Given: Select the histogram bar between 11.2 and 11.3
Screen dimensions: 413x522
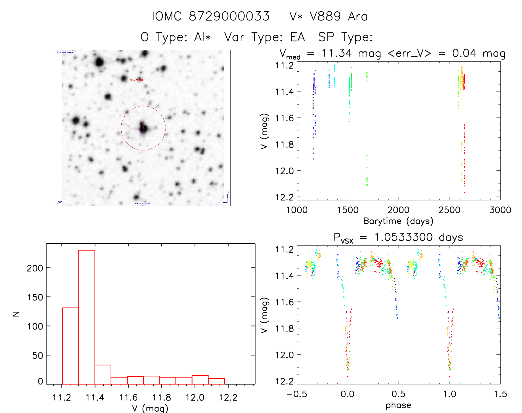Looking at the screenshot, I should (70, 346).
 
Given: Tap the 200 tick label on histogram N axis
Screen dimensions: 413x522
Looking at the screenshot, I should (35, 268).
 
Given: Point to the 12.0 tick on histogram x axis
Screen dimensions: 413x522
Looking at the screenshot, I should (195, 398).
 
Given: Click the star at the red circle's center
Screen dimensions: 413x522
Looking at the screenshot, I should (143, 128).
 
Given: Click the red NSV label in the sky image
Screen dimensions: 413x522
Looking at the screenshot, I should (137, 80).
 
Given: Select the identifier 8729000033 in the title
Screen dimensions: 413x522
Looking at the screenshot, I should (229, 16).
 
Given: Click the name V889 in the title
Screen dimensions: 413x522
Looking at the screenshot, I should (325, 16).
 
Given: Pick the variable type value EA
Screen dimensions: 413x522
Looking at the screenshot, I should (298, 37).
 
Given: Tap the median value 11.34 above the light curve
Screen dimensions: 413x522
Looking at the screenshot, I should (337, 53).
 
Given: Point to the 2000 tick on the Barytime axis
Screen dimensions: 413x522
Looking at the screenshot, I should (398, 210).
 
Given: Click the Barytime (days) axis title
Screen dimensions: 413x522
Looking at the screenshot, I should (398, 221).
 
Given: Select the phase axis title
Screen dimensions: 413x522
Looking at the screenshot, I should (398, 405).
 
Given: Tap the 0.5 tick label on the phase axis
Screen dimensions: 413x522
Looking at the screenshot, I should (398, 394).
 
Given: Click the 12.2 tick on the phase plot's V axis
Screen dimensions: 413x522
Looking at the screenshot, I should (284, 381).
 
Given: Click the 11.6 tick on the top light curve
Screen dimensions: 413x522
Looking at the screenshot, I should (284, 118).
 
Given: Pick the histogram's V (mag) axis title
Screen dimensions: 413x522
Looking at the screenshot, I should (150, 408).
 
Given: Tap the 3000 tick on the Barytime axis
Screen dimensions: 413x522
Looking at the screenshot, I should (500, 210).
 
